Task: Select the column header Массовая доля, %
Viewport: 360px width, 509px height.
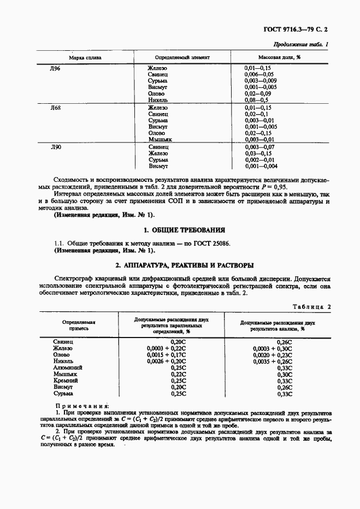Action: (x=280, y=57)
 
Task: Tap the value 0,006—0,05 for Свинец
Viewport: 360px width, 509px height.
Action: (x=259, y=74)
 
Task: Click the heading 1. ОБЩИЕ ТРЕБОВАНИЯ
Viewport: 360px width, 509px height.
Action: (x=180, y=230)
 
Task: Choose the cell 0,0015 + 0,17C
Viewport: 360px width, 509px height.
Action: (x=166, y=354)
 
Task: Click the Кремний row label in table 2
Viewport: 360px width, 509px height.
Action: (x=66, y=380)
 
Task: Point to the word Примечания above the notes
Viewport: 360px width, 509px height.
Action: (x=82, y=406)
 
